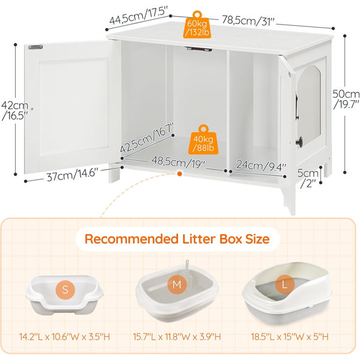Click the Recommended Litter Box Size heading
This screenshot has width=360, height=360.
click(x=177, y=239)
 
